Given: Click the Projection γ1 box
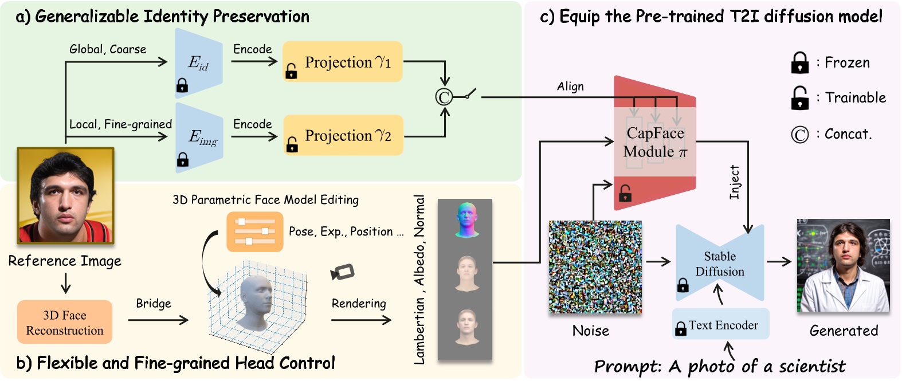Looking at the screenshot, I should (x=343, y=62).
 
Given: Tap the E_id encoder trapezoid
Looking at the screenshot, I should (x=198, y=63).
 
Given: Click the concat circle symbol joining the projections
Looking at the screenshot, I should (x=444, y=97).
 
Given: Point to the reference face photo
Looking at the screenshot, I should (x=65, y=196).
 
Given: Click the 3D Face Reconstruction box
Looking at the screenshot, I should (x=65, y=323).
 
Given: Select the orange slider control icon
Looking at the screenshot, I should (x=254, y=231).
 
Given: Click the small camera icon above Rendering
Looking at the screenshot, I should (x=343, y=272).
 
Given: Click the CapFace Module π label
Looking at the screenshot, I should (x=655, y=142).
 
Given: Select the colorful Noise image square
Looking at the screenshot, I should (x=595, y=267).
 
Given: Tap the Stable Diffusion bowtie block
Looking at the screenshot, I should (x=720, y=264).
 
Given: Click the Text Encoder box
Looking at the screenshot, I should (x=721, y=325).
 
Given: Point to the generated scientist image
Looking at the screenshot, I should (x=843, y=265).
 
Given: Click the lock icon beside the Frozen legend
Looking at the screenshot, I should (x=799, y=62).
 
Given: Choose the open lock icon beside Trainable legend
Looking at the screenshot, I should (x=799, y=98).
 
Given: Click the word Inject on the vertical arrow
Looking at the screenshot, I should (x=735, y=182).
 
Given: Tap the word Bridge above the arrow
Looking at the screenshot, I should (x=154, y=303).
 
